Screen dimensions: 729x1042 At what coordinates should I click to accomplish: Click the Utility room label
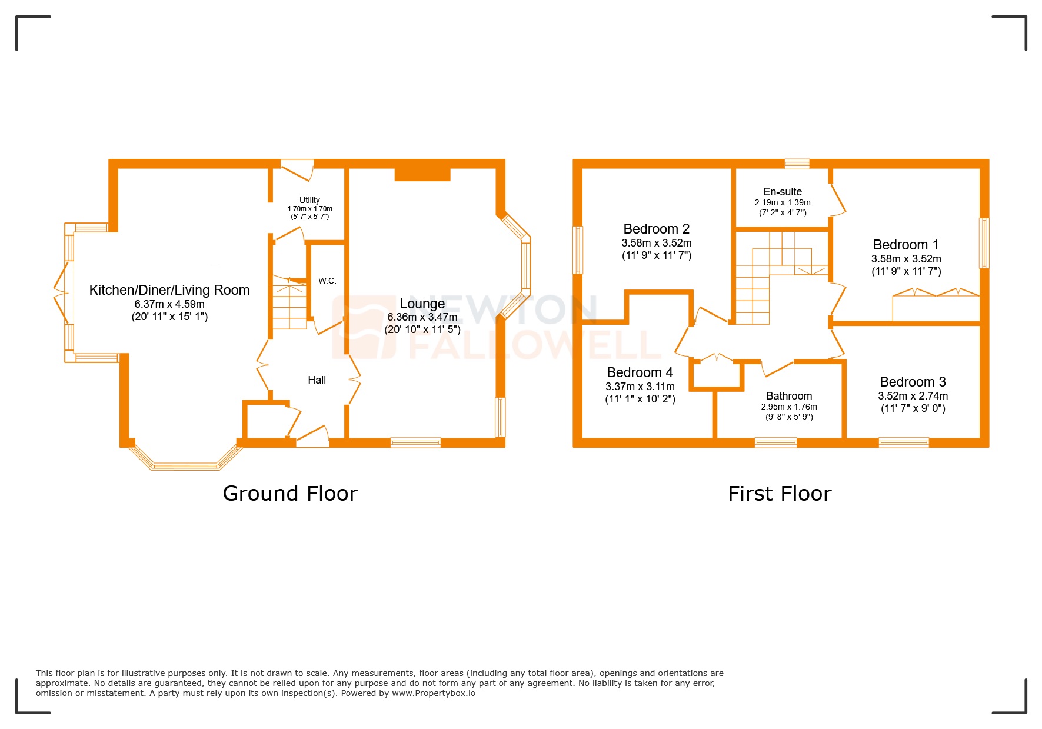coord(309,200)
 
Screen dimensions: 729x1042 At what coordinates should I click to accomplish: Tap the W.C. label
coord(327,281)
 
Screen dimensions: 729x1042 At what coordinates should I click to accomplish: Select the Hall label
coord(317,380)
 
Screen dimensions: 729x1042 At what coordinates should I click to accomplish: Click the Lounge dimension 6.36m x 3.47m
coord(422,317)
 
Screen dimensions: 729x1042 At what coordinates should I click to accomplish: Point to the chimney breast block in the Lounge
coord(422,174)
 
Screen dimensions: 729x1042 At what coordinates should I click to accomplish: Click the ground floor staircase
coord(289,304)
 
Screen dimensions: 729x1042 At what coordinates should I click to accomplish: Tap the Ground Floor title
coord(289,493)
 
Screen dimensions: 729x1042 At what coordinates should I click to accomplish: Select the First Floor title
coord(779,493)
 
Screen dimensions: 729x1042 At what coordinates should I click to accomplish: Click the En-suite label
coord(782,192)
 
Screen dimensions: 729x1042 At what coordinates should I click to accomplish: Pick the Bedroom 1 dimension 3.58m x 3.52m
coord(905,259)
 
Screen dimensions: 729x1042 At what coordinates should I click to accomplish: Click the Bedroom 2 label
coord(656,229)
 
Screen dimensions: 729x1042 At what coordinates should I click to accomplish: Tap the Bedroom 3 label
coord(912,382)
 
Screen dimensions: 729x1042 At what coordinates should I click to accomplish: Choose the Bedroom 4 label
coord(640,372)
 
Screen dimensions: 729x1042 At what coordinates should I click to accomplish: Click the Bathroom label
coord(788,396)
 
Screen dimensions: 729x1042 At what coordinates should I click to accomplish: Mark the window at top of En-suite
coord(797,164)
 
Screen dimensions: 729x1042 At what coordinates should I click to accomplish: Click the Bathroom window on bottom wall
coord(775,442)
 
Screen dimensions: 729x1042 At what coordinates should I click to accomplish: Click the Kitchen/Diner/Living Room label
coord(169,290)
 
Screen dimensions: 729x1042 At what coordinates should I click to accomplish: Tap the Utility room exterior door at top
coord(297,169)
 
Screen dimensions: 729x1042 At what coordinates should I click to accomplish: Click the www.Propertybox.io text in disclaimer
coord(433,693)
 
